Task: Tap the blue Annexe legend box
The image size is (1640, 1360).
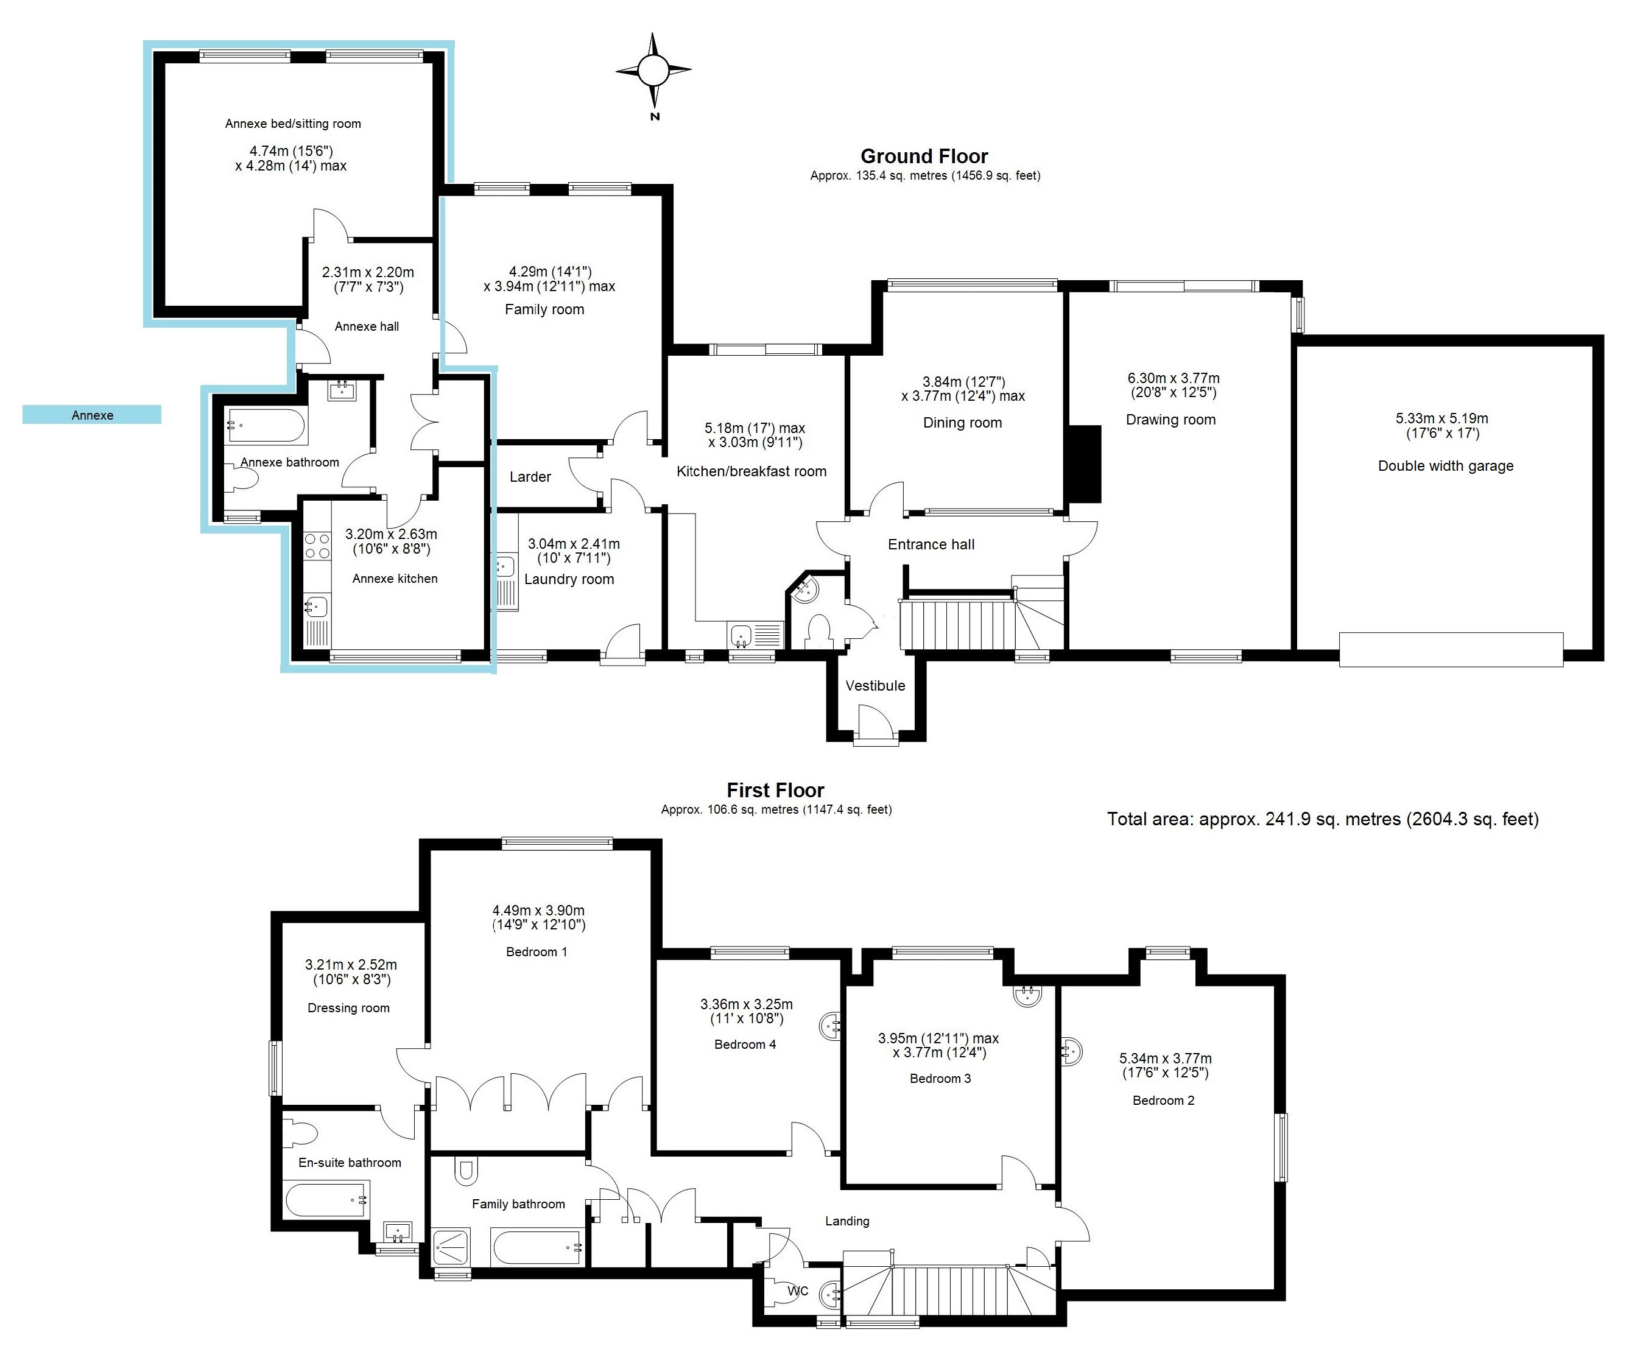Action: (91, 415)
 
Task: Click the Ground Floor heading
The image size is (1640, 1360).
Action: (924, 157)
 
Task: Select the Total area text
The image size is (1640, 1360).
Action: (1322, 819)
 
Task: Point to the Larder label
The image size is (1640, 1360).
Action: (530, 476)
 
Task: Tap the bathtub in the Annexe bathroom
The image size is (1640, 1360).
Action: (266, 426)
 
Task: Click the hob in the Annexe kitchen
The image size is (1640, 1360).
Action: (317, 545)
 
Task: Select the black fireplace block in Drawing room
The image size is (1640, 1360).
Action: (1084, 463)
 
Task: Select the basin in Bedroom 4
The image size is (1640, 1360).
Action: (831, 1025)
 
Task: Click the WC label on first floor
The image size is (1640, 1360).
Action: (797, 1291)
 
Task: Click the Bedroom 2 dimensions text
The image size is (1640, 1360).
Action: (1165, 1065)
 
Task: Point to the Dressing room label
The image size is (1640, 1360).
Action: (348, 1008)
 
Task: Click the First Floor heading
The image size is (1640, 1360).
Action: (775, 791)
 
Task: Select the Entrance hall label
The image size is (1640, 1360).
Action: (931, 544)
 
